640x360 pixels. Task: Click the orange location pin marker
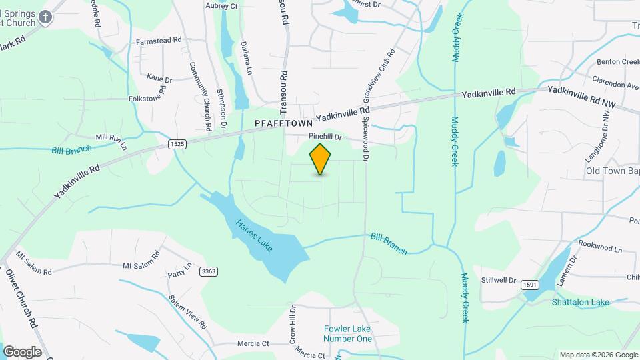[321, 159]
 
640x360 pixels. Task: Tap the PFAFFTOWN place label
[283, 124]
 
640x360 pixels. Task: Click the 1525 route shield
[177, 144]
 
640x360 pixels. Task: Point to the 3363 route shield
[209, 271]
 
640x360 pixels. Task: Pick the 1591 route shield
[529, 284]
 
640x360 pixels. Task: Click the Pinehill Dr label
[325, 137]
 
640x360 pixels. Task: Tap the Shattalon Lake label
[580, 302]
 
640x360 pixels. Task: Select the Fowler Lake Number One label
[347, 333]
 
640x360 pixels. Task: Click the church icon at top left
[45, 17]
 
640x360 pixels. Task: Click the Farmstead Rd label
[159, 41]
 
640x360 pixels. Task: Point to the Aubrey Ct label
[222, 6]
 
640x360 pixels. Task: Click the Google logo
[22, 351]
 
